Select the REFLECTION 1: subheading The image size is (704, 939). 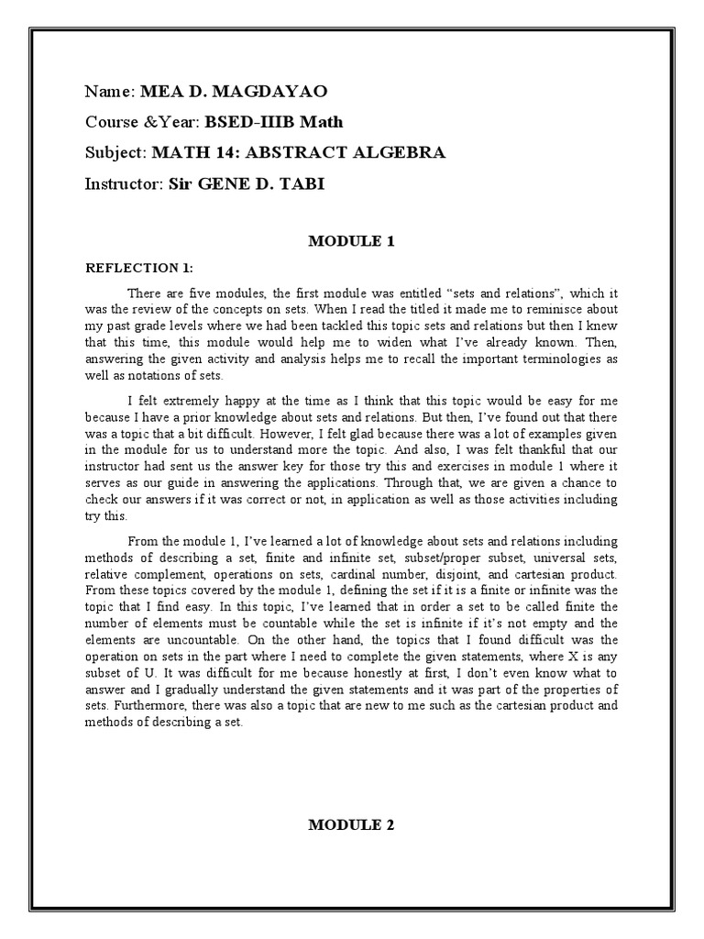coord(139,268)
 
